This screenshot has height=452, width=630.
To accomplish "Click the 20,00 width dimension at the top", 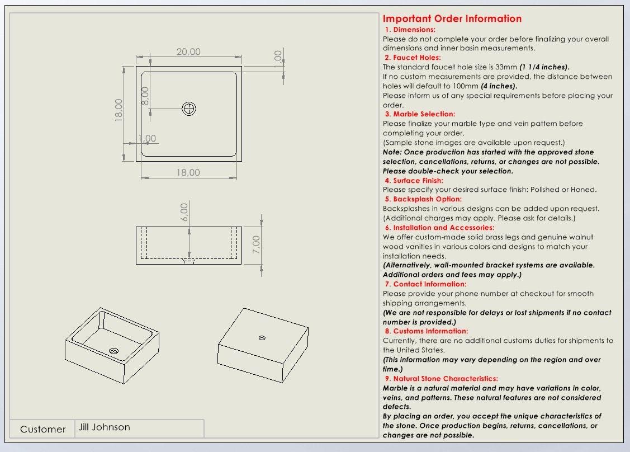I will pyautogui.click(x=188, y=52).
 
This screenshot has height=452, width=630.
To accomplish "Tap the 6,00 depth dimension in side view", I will pyautogui.click(x=184, y=212).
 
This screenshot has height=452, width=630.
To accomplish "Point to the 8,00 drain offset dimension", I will pyautogui.click(x=145, y=95).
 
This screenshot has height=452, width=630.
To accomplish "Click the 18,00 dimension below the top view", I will pyautogui.click(x=188, y=173).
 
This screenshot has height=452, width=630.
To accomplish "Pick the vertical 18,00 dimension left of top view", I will pyautogui.click(x=119, y=110).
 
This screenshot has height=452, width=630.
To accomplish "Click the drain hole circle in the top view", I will pyautogui.click(x=189, y=109).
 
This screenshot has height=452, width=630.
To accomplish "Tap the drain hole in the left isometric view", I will pyautogui.click(x=114, y=351).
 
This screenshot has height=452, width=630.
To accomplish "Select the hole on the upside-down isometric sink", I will pyautogui.click(x=262, y=338).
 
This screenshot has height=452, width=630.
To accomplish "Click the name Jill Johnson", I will pyautogui.click(x=104, y=427).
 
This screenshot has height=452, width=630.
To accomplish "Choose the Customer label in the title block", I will pyautogui.click(x=42, y=429).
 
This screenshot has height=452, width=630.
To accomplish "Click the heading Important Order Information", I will pyautogui.click(x=452, y=19).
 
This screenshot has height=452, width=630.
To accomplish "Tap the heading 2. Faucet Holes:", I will pyautogui.click(x=413, y=58).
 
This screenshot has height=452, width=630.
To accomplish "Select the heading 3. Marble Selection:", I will pyautogui.click(x=420, y=114).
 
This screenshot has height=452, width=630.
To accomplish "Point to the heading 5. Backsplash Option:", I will pyautogui.click(x=423, y=199).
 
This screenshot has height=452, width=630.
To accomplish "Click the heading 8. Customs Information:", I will pyautogui.click(x=426, y=331).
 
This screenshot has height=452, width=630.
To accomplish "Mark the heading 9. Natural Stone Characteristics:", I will pyautogui.click(x=440, y=379).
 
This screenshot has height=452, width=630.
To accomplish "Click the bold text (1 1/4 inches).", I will pyautogui.click(x=544, y=67).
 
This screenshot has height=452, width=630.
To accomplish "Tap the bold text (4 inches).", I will pyautogui.click(x=499, y=86).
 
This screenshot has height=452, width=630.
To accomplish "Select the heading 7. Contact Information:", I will pyautogui.click(x=425, y=284).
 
